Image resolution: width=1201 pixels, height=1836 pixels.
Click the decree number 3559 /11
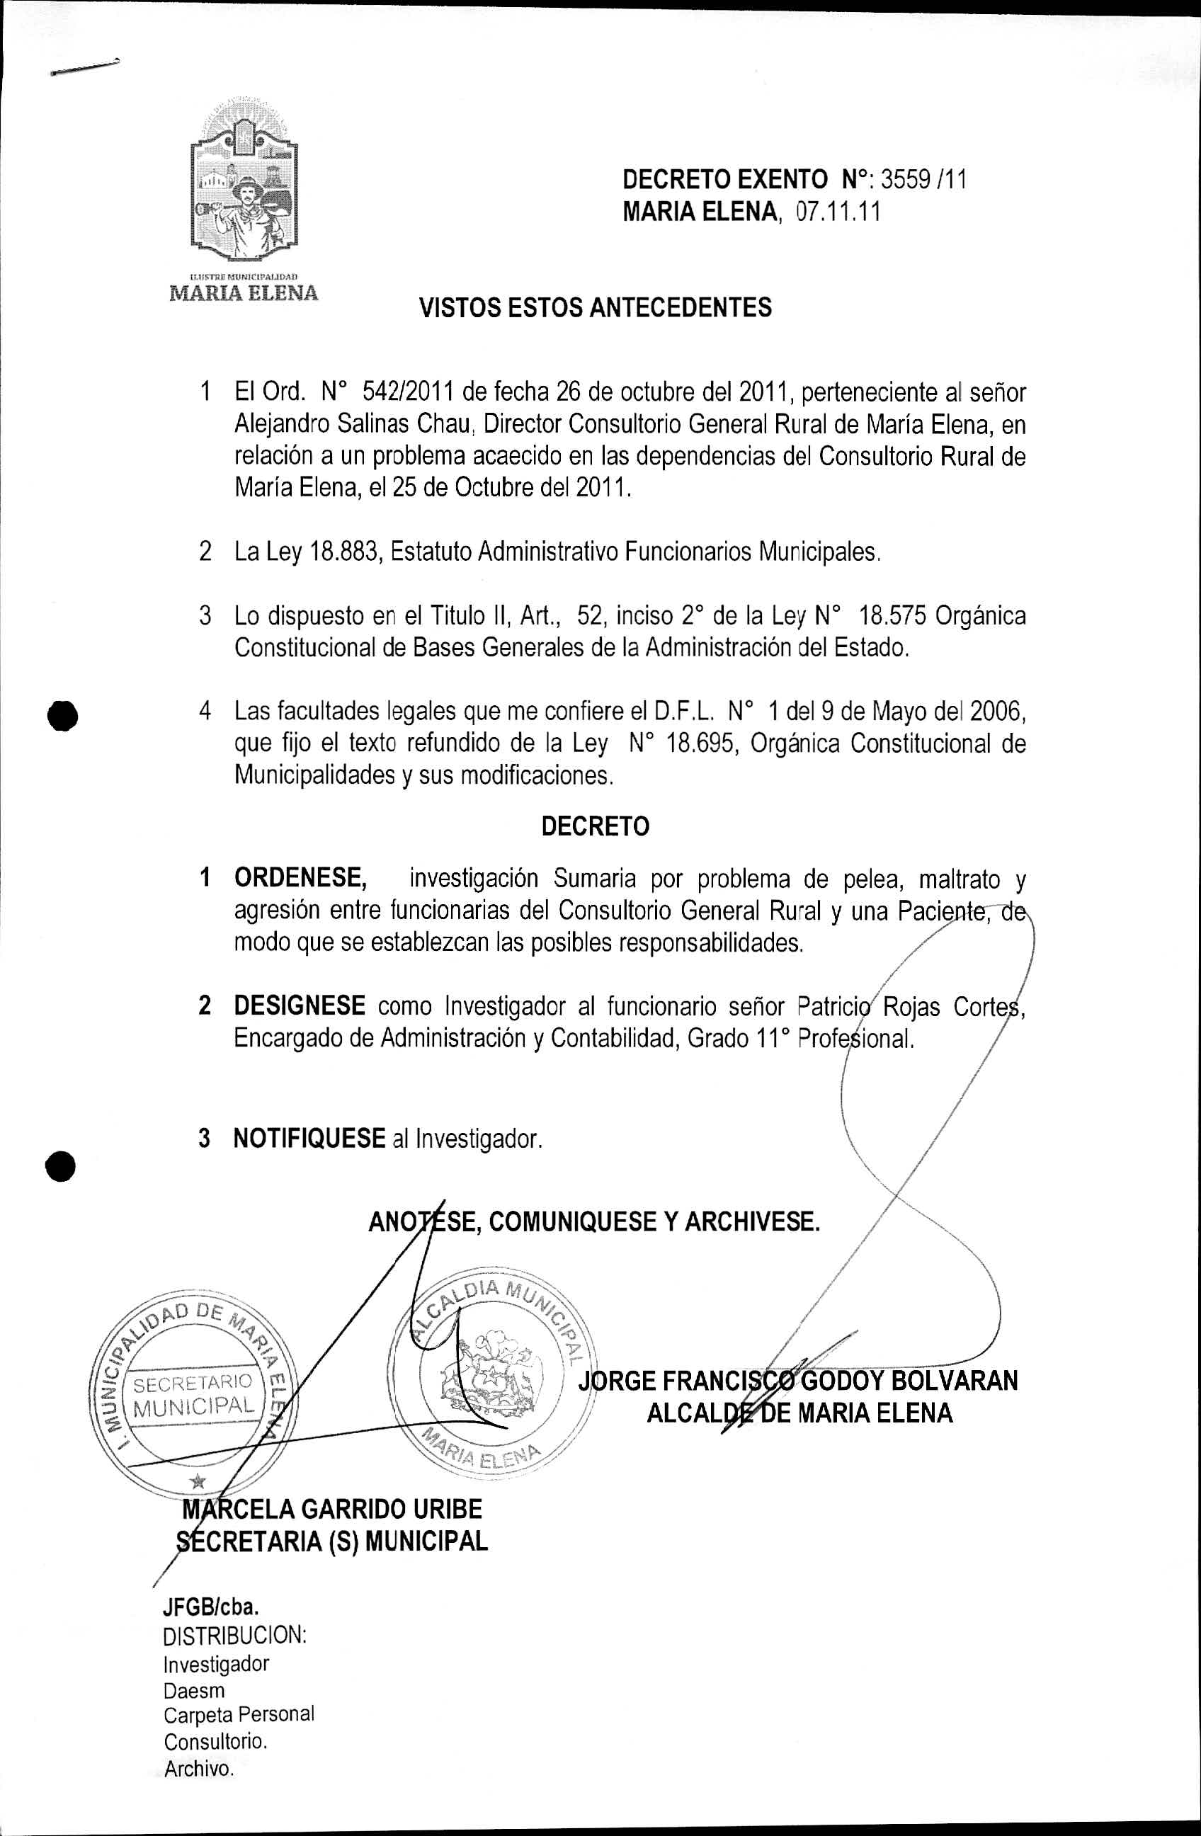(x=923, y=180)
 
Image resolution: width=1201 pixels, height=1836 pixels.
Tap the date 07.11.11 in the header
(x=838, y=212)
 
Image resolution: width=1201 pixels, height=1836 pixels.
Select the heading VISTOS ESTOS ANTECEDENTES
(x=595, y=308)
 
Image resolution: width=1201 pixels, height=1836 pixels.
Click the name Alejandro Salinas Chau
(x=353, y=424)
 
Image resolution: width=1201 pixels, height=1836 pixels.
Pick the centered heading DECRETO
(x=595, y=826)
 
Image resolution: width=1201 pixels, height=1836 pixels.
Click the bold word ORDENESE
(x=300, y=878)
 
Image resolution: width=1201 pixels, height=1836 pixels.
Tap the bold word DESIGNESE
(x=300, y=1006)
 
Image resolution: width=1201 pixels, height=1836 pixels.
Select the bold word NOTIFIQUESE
(x=309, y=1138)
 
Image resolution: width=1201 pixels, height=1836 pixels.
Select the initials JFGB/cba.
(x=210, y=1606)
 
